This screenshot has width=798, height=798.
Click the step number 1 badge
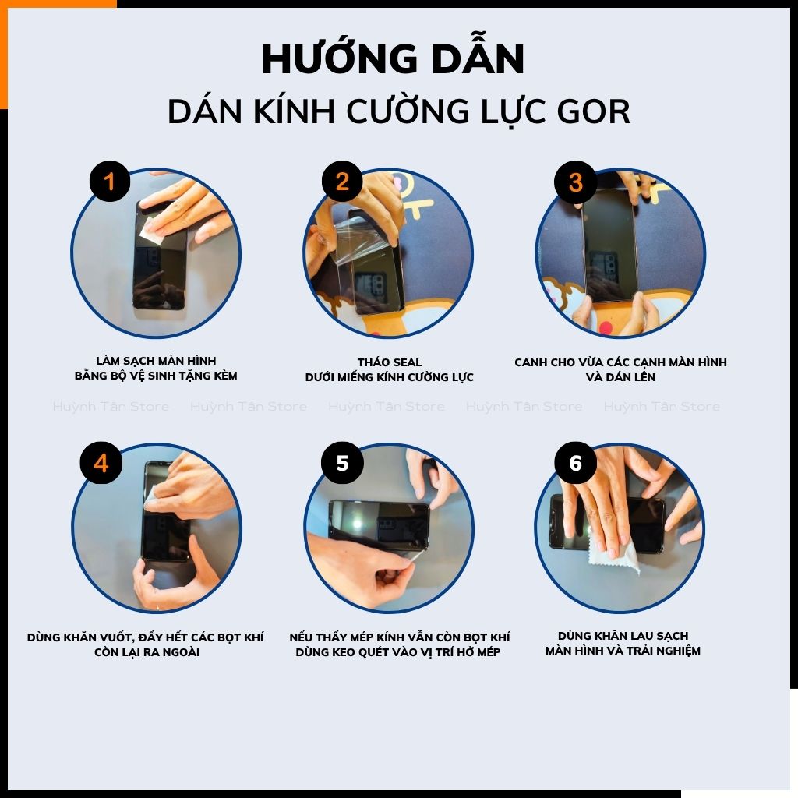[x=109, y=182]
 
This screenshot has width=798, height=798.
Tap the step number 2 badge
[x=342, y=182]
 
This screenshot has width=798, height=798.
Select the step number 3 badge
[x=575, y=182]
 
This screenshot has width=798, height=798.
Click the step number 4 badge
[x=101, y=463]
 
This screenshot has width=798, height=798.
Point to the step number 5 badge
[x=342, y=463]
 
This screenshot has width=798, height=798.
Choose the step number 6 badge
[x=575, y=463]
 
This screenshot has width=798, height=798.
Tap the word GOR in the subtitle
[x=595, y=112]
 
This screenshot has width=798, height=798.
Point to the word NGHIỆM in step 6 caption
[x=672, y=651]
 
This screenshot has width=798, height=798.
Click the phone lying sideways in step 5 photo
[x=380, y=524]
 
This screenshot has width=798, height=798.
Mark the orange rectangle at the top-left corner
[x=4, y=55]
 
